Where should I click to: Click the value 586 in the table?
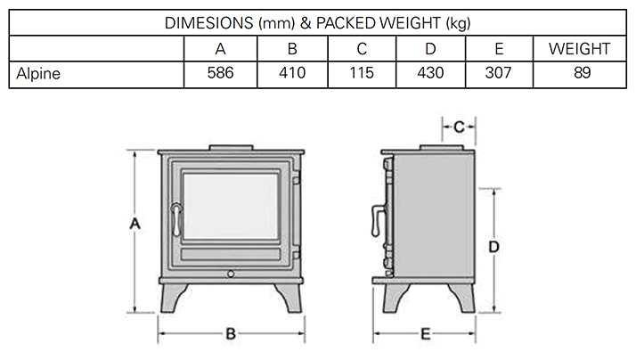[x=219, y=73]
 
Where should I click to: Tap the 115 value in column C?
[x=363, y=73]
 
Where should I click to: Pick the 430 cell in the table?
[x=432, y=73]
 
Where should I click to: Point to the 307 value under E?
[x=499, y=73]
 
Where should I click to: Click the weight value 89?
[x=583, y=73]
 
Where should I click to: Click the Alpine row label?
[x=38, y=73]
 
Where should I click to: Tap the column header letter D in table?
[x=432, y=48]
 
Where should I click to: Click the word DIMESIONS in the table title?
[x=209, y=22]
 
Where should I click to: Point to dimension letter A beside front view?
[x=135, y=225]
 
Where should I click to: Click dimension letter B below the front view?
[x=231, y=334]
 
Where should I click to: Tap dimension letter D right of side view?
[x=492, y=244]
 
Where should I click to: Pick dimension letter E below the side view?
[x=426, y=334]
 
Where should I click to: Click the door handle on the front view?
[x=176, y=218]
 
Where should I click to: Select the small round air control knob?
[x=231, y=272]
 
